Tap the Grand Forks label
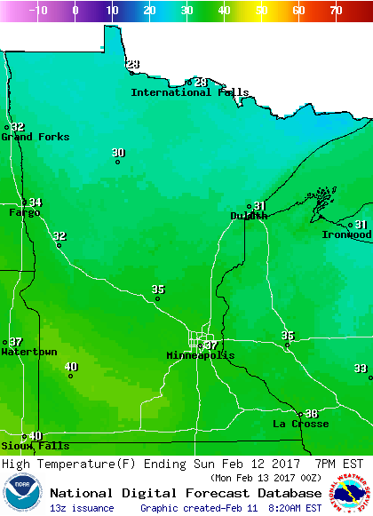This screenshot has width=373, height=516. click(x=35, y=137)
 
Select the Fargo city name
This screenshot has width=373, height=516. click(x=24, y=213)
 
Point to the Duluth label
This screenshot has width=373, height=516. click(x=249, y=216)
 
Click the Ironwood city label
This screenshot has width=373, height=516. click(x=346, y=234)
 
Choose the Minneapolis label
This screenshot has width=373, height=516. click(x=201, y=355)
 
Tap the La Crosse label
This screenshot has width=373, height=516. click(x=296, y=424)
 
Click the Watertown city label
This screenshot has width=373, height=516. click(x=28, y=352)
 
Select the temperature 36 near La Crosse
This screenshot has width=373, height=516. click(x=311, y=413)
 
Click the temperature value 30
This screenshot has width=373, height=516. click(x=118, y=153)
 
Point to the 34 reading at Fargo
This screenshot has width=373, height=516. click(x=36, y=202)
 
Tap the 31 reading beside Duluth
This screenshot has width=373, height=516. click(x=259, y=206)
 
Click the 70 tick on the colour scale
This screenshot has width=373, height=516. click(x=335, y=11)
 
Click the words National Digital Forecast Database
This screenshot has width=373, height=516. click(x=186, y=493)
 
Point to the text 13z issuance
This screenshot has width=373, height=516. click(x=82, y=508)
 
